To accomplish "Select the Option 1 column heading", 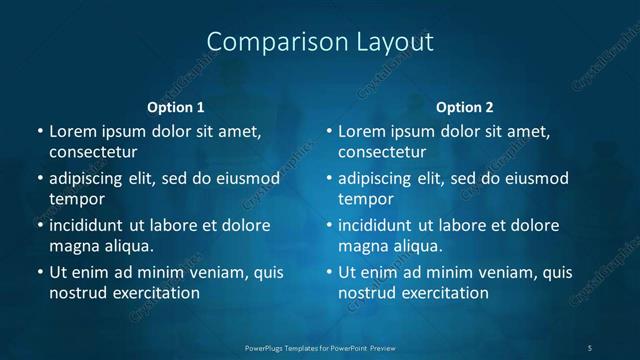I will (x=176, y=107).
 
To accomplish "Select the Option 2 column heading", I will (x=465, y=107).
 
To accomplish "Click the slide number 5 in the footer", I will (x=590, y=347).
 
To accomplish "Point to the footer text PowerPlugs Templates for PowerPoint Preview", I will (x=320, y=347).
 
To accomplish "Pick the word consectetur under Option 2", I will (x=382, y=153).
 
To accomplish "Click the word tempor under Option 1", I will (x=77, y=199).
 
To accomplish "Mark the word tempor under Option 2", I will (x=366, y=199).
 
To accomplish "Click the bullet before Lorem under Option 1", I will (x=40, y=132).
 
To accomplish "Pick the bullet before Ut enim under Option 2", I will (x=329, y=272).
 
